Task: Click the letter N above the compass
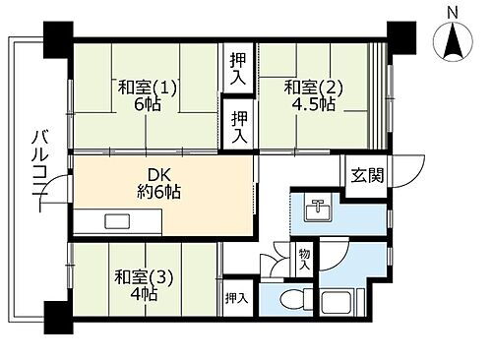[453, 12]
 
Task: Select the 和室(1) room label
[148, 88]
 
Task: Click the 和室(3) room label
[143, 276]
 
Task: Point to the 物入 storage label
[304, 260]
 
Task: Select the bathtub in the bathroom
[338, 300]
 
